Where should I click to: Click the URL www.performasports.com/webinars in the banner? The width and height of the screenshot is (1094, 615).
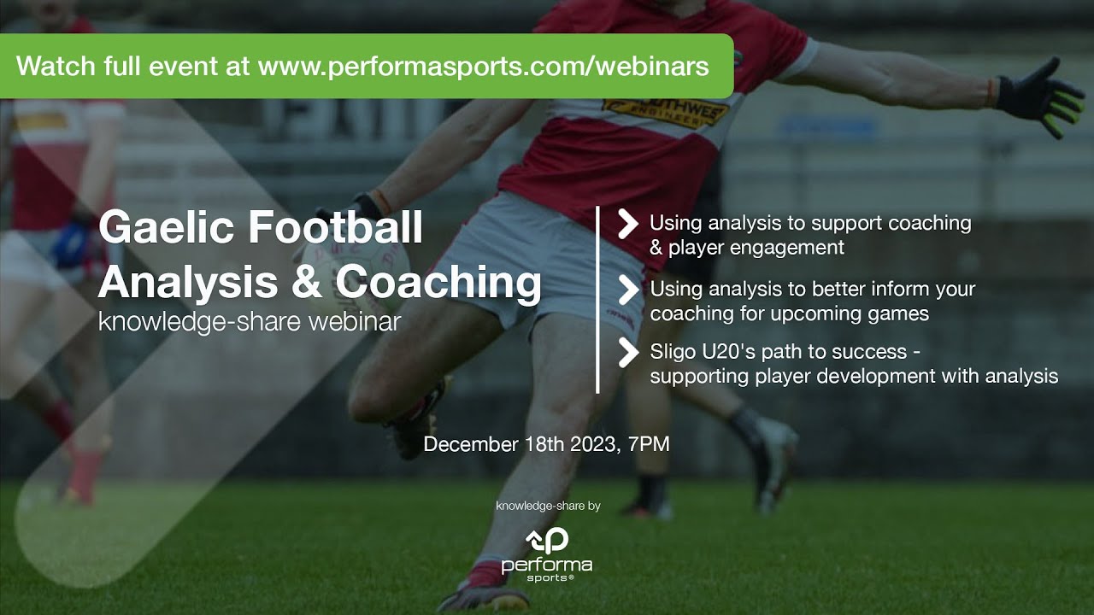click(x=483, y=67)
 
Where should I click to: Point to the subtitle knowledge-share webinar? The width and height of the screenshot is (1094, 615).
click(x=250, y=322)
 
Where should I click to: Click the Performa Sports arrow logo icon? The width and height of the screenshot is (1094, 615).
click(x=547, y=541)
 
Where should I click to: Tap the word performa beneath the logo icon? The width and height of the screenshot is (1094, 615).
click(x=547, y=565)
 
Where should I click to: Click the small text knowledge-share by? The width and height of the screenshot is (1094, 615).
click(x=548, y=506)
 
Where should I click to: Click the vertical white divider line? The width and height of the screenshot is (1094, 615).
click(x=597, y=299)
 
